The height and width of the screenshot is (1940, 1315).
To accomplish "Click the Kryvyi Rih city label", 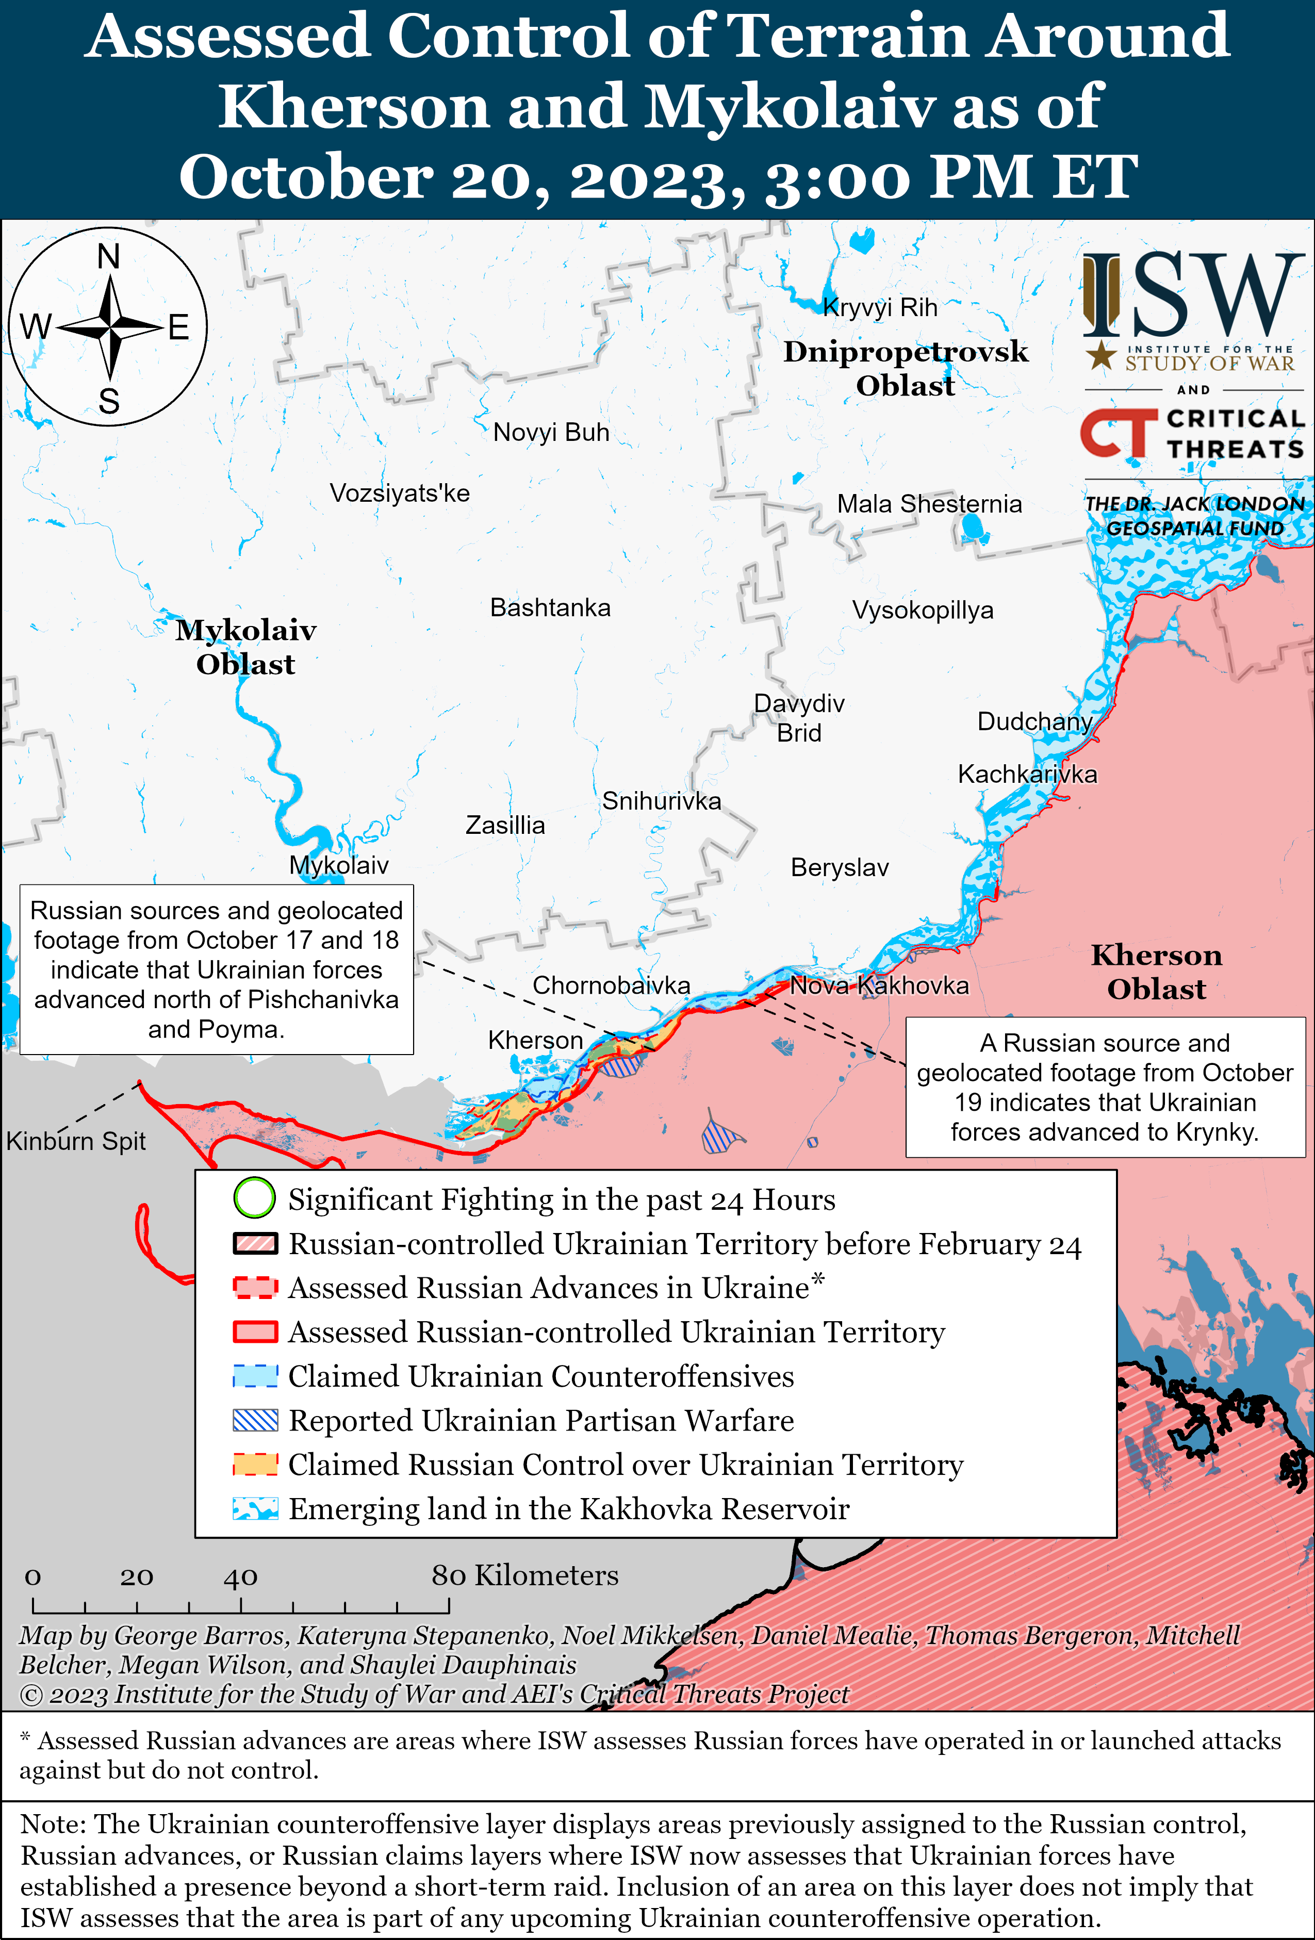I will tap(880, 307).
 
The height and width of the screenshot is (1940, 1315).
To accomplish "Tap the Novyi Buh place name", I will tap(551, 433).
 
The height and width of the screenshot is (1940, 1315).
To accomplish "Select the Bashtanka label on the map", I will tap(550, 607).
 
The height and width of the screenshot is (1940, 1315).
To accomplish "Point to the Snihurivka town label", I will tap(661, 801).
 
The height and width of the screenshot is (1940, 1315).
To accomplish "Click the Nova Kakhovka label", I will tap(879, 986).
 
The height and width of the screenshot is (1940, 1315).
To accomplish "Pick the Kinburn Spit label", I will tap(76, 1141).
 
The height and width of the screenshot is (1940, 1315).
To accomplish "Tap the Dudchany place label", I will tap(1034, 721).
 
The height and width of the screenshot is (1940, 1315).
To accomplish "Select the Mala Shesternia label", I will tap(929, 504).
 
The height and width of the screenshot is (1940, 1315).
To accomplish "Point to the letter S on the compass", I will tap(108, 402).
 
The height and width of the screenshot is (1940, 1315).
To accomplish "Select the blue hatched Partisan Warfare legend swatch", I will tap(255, 1420).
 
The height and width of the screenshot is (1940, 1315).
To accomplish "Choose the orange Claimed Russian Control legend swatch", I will tap(255, 1464).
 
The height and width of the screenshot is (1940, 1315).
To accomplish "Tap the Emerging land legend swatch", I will tap(255, 1508).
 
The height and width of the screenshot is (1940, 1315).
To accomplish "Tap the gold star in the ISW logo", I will tap(1102, 356).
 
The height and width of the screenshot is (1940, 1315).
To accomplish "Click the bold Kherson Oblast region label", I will tap(1156, 972).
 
